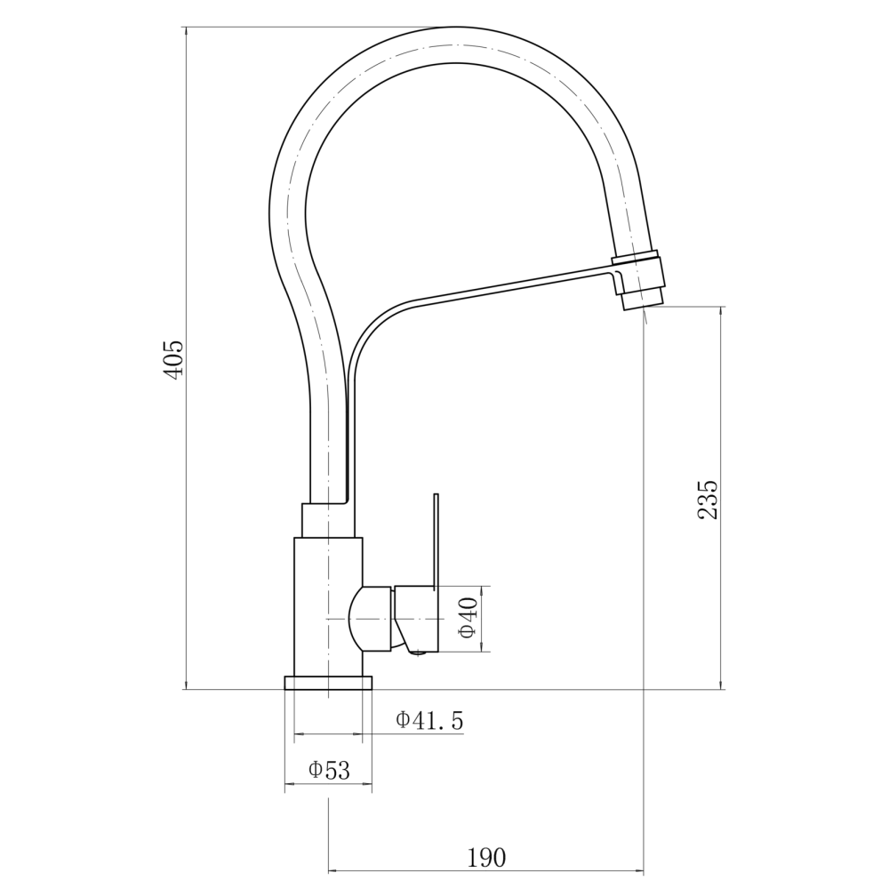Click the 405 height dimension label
[x=173, y=360]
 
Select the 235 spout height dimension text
[x=708, y=500]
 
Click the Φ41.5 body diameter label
[x=429, y=720]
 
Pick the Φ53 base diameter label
[x=329, y=770]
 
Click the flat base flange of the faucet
[x=328, y=682]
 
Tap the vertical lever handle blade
[x=436, y=540]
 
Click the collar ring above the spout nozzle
[x=635, y=258]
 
